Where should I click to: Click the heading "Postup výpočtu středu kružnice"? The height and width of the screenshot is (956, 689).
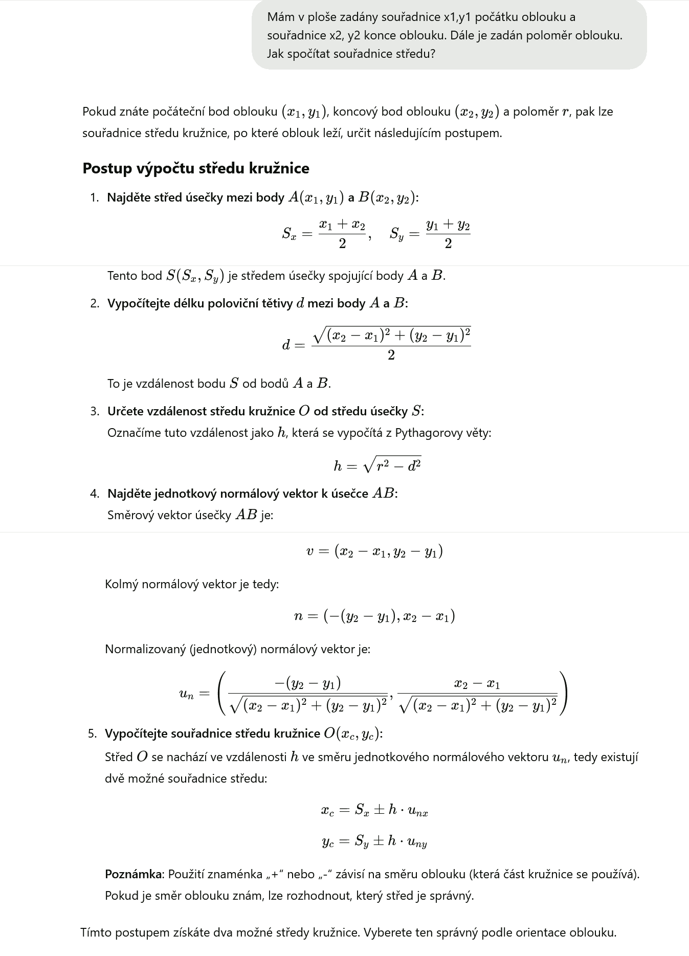click(196, 168)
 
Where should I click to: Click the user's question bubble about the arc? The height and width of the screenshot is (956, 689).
click(449, 35)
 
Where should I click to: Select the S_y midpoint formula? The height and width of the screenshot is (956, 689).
click(430, 233)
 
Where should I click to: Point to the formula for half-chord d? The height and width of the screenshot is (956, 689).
click(376, 344)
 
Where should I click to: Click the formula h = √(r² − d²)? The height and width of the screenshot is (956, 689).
click(377, 465)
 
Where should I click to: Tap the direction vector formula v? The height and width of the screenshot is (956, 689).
click(374, 551)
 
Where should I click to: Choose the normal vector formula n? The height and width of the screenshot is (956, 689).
click(374, 616)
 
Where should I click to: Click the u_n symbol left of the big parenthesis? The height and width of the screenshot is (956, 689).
click(187, 694)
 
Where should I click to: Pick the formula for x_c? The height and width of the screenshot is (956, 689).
click(374, 810)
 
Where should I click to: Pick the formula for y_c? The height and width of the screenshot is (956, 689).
click(374, 841)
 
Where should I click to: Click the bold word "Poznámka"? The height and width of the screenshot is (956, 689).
click(133, 874)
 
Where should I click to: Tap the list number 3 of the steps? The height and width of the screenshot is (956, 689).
click(94, 411)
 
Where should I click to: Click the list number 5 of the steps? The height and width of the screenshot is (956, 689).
click(92, 733)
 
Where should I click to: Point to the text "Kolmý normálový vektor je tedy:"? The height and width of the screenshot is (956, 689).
click(192, 584)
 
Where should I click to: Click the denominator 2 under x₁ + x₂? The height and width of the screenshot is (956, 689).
click(342, 243)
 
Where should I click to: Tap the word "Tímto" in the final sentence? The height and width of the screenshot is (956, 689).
click(96, 932)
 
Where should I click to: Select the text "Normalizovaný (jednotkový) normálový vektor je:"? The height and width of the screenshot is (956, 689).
click(237, 649)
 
